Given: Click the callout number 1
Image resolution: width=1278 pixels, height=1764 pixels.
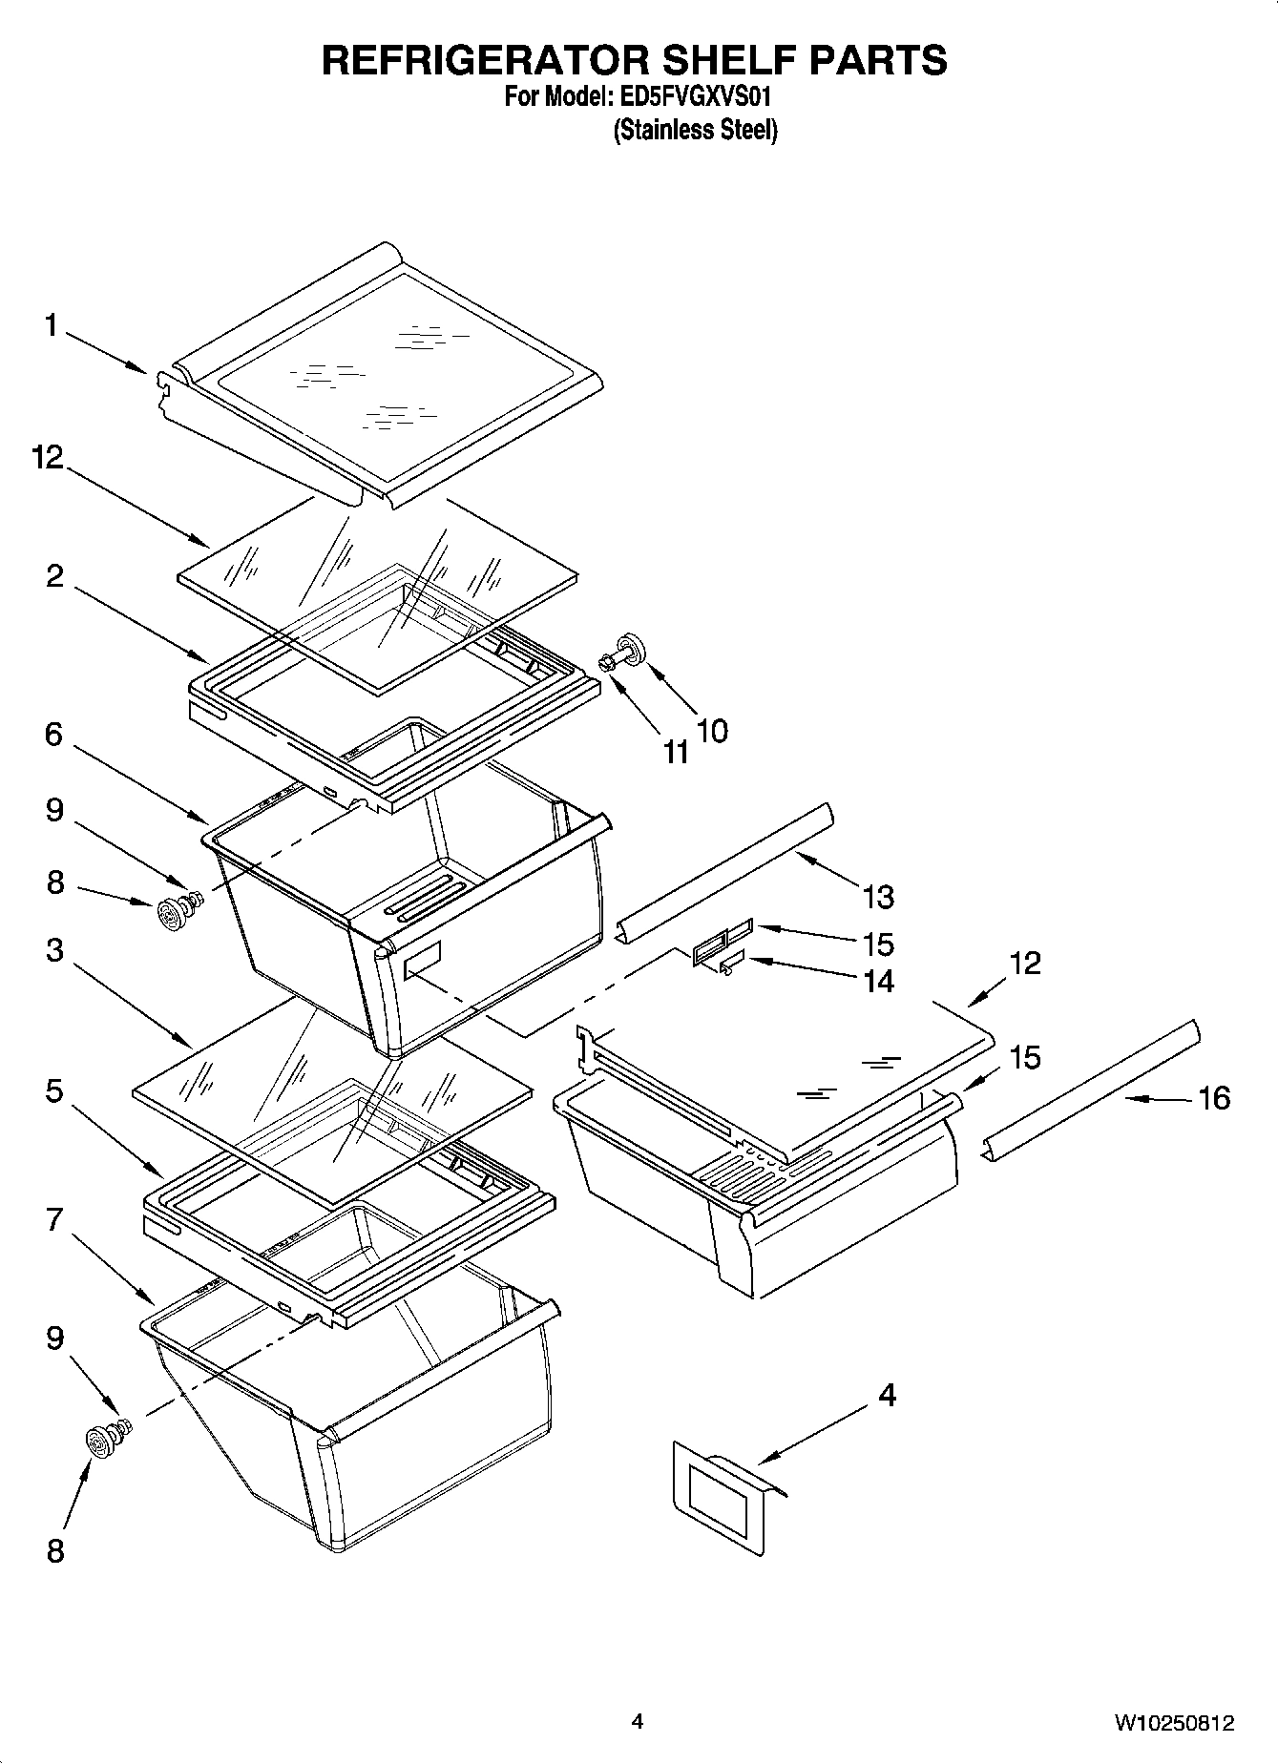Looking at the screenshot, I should tap(51, 326).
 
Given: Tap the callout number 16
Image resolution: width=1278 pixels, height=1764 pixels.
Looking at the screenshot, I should tap(1213, 1098).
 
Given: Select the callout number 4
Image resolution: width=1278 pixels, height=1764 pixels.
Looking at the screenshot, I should tap(887, 1396).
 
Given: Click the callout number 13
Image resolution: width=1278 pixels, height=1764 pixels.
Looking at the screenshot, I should tap(878, 897).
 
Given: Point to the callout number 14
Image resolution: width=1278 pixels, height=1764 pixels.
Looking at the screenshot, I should tap(878, 981).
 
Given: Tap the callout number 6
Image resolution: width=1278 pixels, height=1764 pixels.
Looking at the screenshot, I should tap(53, 735).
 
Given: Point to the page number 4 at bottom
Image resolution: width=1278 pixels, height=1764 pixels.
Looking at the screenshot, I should tap(638, 1722).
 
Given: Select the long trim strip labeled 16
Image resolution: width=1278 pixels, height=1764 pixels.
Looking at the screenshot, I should tap(1091, 1090).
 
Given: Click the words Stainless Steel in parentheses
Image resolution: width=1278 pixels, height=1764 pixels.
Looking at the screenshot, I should tap(695, 130).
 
